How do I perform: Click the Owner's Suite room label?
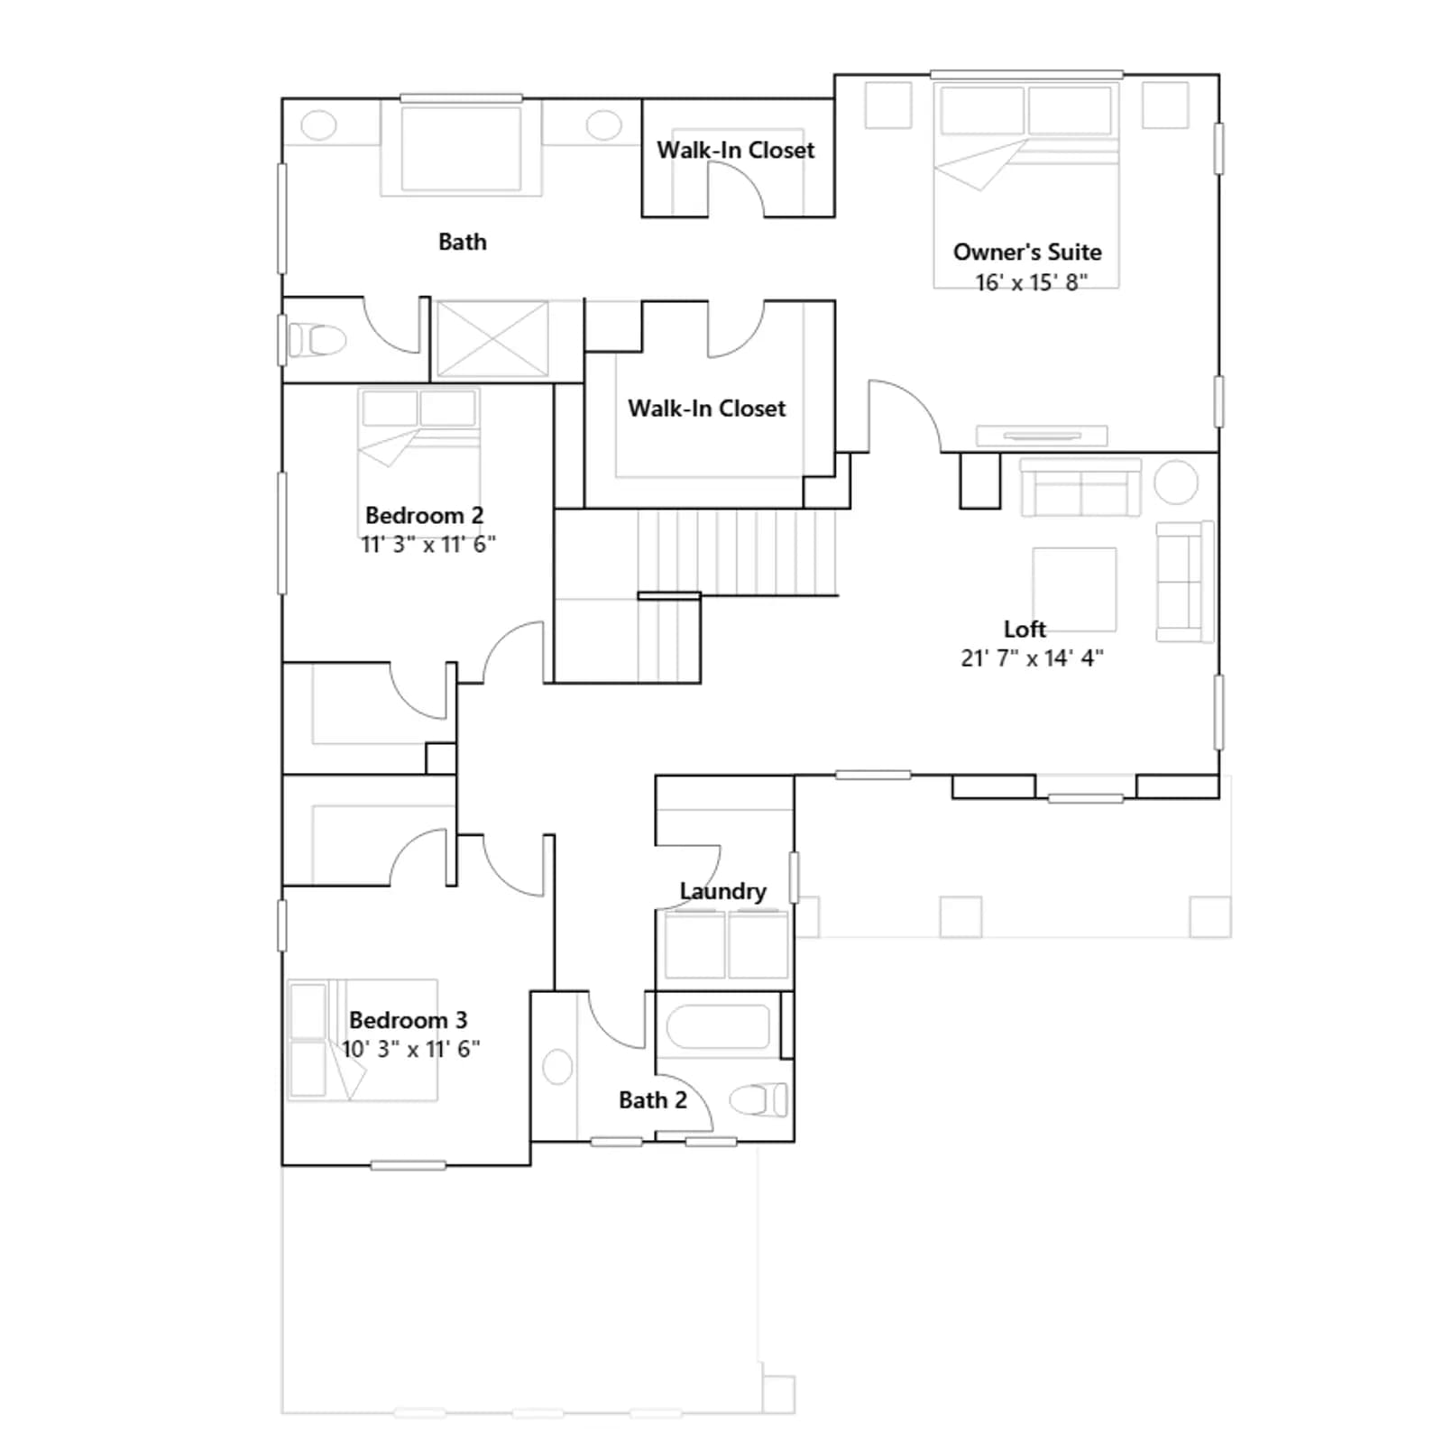click(x=1027, y=252)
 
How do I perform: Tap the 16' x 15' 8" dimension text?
click(x=1031, y=282)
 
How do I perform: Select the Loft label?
click(x=1025, y=629)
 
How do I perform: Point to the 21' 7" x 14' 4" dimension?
click(x=1032, y=658)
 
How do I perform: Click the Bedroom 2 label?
click(x=424, y=515)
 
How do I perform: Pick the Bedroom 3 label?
click(x=408, y=1020)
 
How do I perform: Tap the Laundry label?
click(x=722, y=891)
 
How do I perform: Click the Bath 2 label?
click(x=652, y=1100)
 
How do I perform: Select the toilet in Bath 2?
click(x=758, y=1099)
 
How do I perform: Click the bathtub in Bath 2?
click(x=718, y=1026)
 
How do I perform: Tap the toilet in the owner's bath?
click(x=316, y=341)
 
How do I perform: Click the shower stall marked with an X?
click(x=492, y=339)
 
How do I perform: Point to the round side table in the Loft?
click(x=1176, y=482)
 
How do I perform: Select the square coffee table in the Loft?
click(x=1074, y=589)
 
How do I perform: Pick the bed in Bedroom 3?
click(x=363, y=1040)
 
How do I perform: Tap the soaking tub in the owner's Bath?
click(x=461, y=149)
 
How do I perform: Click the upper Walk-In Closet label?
click(x=735, y=150)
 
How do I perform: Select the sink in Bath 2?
click(x=558, y=1067)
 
